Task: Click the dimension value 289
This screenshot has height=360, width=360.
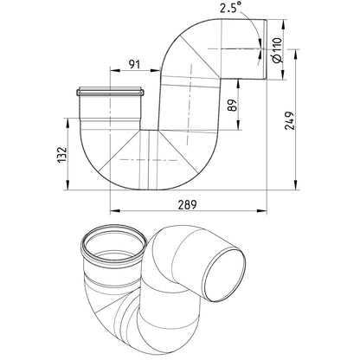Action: (x=187, y=204)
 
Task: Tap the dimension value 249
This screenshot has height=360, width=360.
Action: (x=289, y=120)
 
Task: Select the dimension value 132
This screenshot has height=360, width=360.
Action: (x=62, y=155)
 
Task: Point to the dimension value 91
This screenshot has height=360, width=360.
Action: (x=134, y=64)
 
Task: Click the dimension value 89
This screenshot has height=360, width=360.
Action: (x=233, y=105)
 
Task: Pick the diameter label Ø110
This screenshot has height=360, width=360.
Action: (x=276, y=50)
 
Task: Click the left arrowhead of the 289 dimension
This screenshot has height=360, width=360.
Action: (x=115, y=211)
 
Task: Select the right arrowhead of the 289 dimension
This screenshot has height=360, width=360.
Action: (x=261, y=211)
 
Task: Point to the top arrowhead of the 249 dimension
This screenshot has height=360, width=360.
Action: (x=295, y=55)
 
